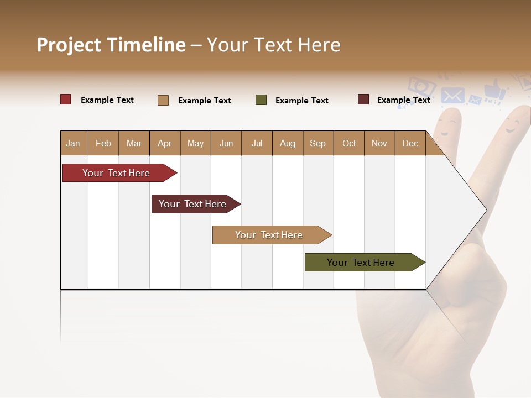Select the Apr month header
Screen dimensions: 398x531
tap(165, 143)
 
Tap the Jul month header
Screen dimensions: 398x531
tap(257, 143)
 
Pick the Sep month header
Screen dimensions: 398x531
tap(318, 143)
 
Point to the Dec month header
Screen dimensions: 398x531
tap(410, 143)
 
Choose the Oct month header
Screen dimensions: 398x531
tap(349, 143)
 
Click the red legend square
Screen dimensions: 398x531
tap(66, 99)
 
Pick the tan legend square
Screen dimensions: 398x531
tap(163, 100)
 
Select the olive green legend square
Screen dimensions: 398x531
tap(261, 100)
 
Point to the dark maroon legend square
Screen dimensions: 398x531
tap(363, 99)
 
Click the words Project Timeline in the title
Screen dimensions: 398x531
tap(111, 45)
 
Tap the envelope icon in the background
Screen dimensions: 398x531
tap(452, 96)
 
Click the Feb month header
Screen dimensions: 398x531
tap(103, 143)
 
